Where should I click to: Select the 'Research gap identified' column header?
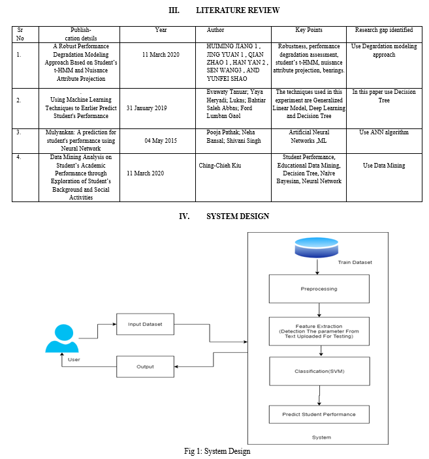coord(384,30)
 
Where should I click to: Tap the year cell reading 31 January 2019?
coord(147,108)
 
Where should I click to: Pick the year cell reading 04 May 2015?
coord(161,141)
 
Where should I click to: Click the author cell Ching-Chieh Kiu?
coord(220,166)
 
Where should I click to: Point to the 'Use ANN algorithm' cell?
coord(384,132)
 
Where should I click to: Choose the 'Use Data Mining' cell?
coord(384,166)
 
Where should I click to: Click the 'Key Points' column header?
coord(309,30)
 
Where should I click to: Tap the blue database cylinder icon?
coord(317,248)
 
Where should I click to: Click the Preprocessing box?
coord(319,289)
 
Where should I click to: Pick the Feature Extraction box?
coord(319,331)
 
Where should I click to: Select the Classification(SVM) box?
coord(319,371)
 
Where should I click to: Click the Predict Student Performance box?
coord(319,414)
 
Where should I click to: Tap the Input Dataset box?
coord(145,324)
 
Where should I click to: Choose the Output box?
coord(145,366)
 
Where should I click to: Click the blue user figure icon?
coord(62,338)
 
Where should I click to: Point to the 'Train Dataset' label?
coord(355,262)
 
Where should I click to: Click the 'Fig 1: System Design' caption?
coord(217,451)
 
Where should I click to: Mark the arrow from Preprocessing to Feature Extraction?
coord(319,310)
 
